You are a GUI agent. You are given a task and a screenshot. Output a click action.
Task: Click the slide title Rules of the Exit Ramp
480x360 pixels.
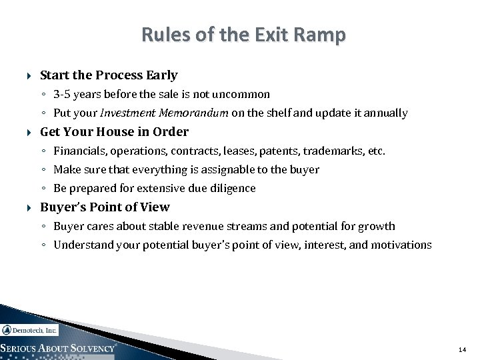coord(243,35)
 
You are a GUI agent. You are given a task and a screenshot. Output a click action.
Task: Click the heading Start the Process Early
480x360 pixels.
coord(109,75)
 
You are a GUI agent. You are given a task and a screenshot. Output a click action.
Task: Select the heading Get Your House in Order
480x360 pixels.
coord(114,132)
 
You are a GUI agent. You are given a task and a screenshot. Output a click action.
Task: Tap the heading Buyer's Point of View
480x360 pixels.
coord(105,207)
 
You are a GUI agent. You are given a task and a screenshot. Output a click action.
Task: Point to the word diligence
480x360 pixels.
coord(233,188)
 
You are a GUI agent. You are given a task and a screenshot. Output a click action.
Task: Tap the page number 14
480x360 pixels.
coord(462,349)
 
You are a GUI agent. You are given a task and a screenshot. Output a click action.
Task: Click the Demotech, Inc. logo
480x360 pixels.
coord(30,330)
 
